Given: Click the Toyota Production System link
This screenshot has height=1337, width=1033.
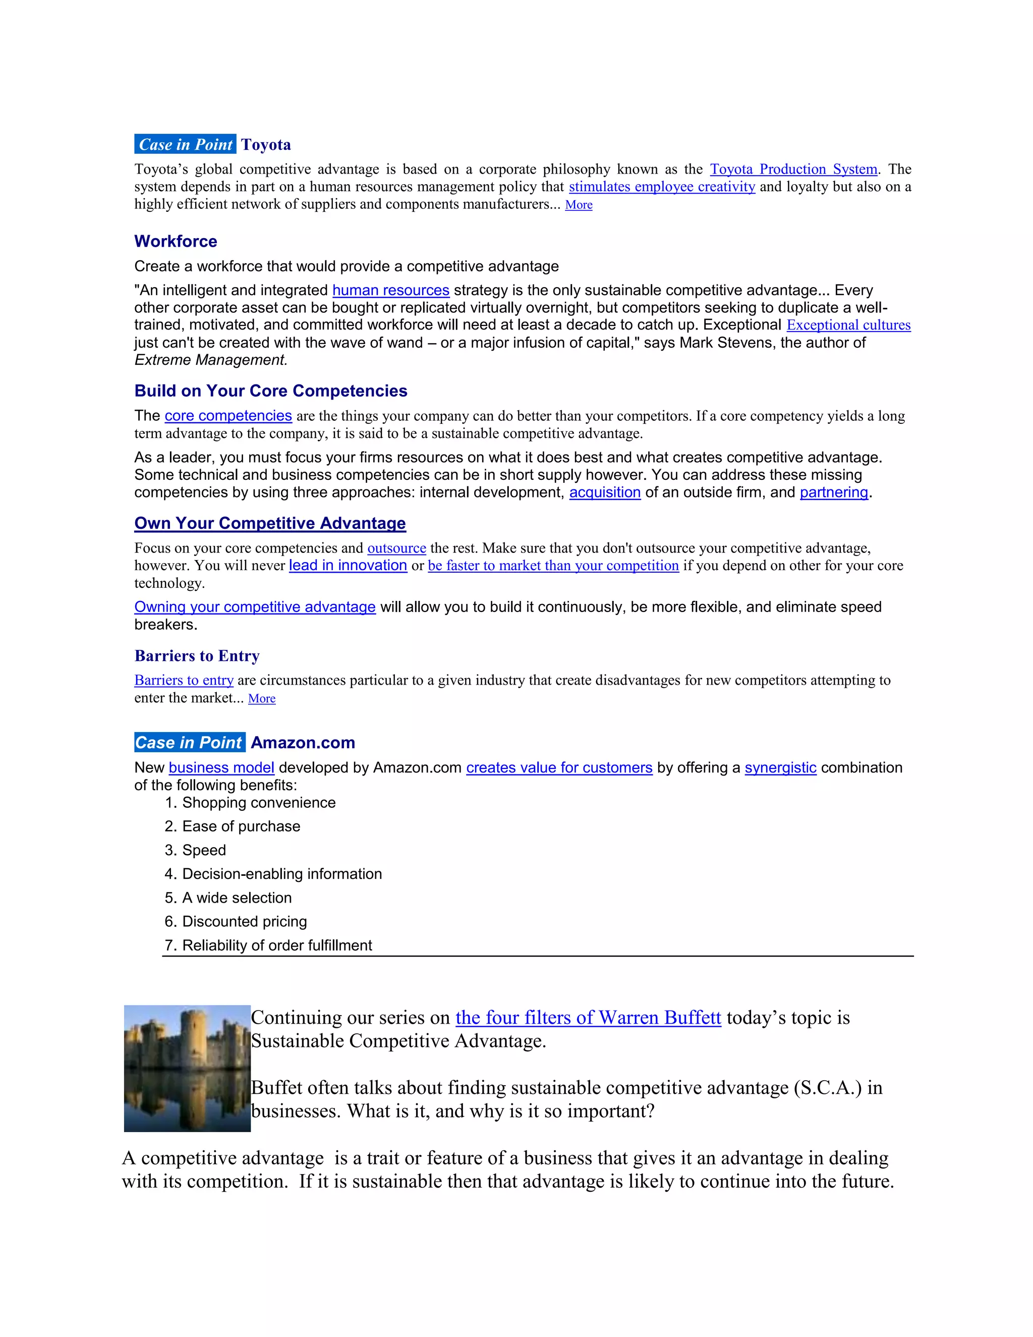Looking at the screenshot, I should point(793,170).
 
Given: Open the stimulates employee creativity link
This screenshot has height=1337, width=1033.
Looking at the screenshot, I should point(662,187).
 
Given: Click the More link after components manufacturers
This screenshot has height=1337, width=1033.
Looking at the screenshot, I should point(579,205).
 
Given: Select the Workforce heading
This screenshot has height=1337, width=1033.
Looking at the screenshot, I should point(176,241).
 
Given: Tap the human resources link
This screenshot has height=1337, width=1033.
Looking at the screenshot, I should point(390,290).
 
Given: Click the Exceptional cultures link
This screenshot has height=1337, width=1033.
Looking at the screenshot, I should point(848,325).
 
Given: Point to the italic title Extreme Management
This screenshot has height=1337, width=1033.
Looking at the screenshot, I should point(210,360).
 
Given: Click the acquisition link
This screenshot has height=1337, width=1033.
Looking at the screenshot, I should point(605,492).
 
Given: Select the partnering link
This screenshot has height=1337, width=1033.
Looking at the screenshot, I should point(833,492).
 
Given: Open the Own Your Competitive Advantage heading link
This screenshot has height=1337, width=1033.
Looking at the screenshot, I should point(270,523).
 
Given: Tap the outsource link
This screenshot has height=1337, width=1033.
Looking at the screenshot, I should point(396,548).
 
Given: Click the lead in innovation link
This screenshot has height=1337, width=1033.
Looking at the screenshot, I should point(348,566).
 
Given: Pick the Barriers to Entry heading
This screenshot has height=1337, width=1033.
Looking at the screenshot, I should point(197,656).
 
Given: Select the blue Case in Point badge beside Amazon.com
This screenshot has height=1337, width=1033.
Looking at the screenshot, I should point(190,743).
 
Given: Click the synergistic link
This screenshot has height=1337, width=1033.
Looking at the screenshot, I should point(780,768).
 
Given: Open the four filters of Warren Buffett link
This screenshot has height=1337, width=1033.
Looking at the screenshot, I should point(588,1018).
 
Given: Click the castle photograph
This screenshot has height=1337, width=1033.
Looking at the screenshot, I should point(187,1068).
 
